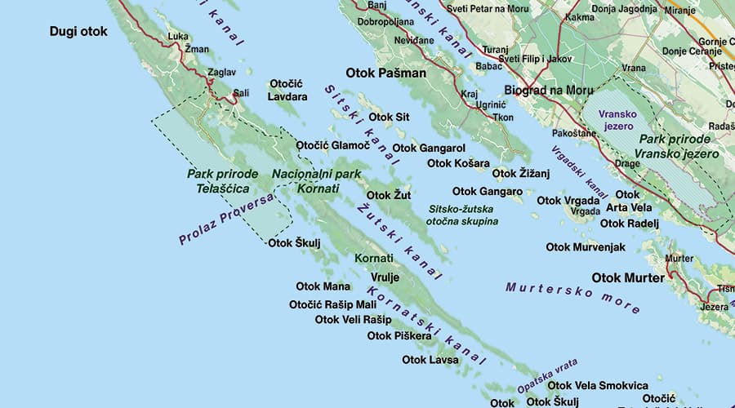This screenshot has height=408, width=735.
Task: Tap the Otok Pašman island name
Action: (x=386, y=73)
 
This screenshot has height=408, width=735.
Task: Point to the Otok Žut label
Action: (x=388, y=195)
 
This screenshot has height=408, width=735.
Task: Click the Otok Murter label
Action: (x=628, y=277)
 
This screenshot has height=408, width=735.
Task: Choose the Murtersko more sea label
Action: (x=572, y=298)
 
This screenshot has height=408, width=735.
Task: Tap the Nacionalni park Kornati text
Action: (x=316, y=181)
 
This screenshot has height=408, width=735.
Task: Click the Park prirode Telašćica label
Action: (x=222, y=180)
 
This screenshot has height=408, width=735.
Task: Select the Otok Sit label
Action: (x=390, y=117)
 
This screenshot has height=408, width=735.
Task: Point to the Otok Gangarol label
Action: (x=429, y=149)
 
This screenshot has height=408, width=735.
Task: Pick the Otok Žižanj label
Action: (x=522, y=173)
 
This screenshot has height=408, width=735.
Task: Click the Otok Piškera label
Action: (x=399, y=335)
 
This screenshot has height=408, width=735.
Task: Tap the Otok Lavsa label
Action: (x=430, y=359)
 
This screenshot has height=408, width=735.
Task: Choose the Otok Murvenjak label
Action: (x=586, y=246)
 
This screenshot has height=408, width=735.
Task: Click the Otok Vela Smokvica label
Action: (x=598, y=385)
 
